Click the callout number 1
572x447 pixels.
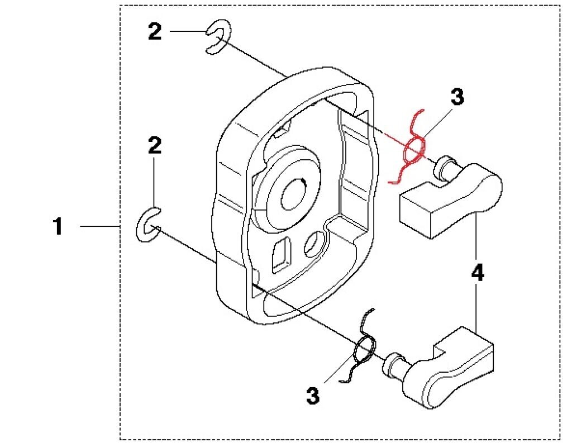pos(58,227)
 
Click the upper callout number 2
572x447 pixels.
pos(155,32)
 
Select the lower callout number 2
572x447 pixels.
pos(155,146)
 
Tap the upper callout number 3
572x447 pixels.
pos(457,97)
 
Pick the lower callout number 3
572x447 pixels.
pos(313,396)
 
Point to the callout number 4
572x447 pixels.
pos(477,274)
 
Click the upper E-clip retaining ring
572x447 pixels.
pos(217,37)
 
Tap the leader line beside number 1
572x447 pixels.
pos(101,226)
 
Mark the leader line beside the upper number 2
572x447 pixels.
pos(187,31)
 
